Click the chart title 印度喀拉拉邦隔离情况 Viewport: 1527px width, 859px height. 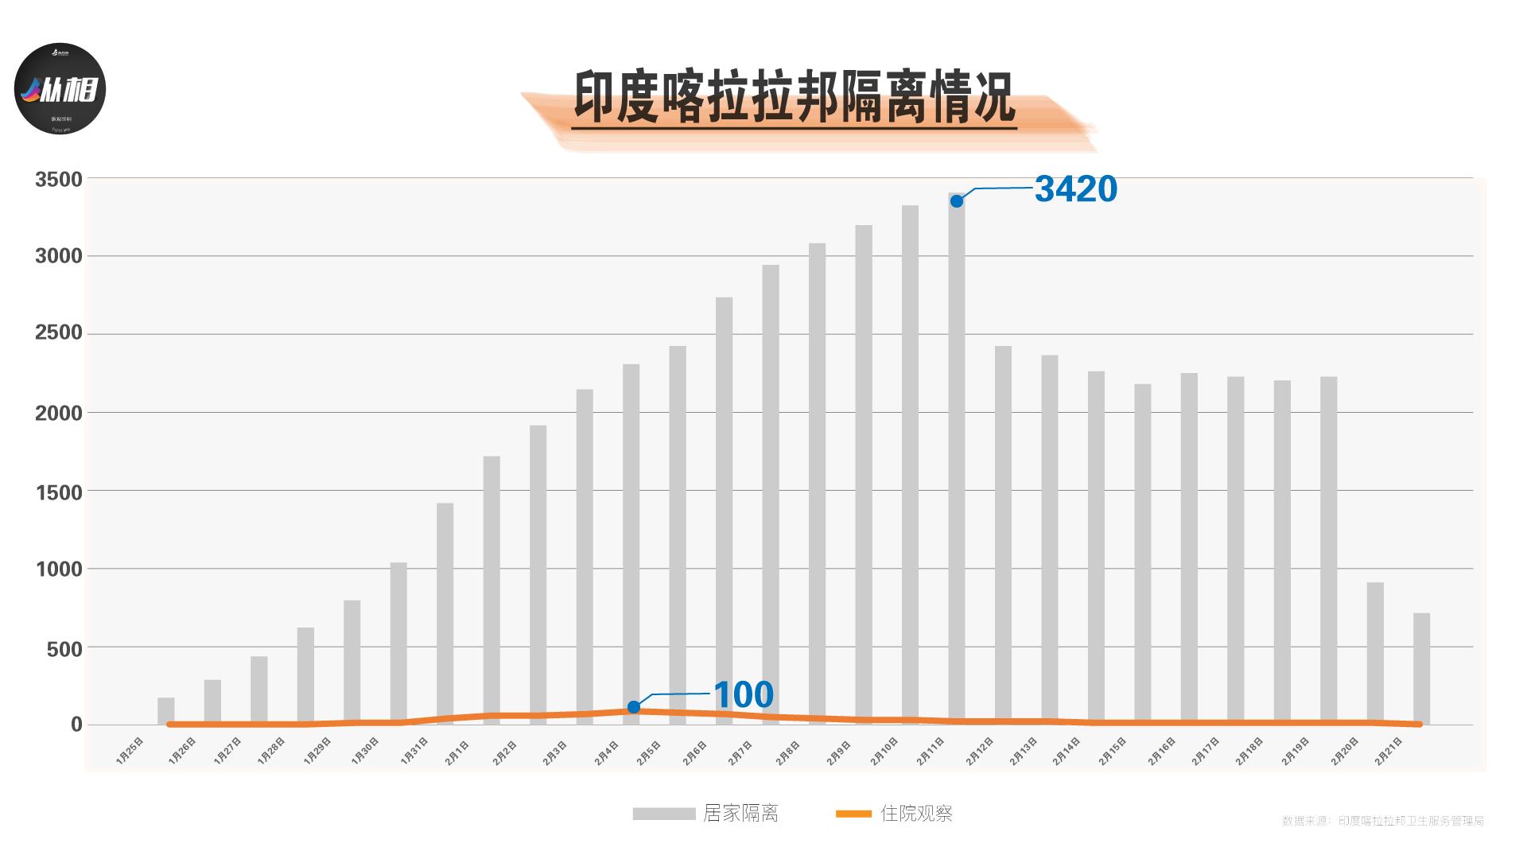tap(794, 99)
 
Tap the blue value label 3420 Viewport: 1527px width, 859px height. tap(1075, 189)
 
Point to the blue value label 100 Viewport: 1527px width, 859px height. tap(743, 695)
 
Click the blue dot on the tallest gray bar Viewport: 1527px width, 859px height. tap(957, 201)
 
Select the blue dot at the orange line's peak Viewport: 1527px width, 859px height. tap(634, 707)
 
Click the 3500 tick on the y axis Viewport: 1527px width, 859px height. tap(59, 180)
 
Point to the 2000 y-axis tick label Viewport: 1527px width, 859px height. tap(59, 414)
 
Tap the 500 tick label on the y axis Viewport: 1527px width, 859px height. tap(64, 649)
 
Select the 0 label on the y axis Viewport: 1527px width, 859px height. tap(76, 725)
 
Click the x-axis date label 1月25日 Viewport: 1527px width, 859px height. tap(130, 751)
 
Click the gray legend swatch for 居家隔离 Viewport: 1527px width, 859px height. tap(663, 814)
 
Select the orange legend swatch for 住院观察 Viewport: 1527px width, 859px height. tap(853, 814)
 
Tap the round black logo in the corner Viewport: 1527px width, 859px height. tap(60, 88)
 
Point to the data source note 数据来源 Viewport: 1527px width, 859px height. tap(1382, 821)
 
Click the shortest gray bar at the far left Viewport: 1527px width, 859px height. tap(165, 711)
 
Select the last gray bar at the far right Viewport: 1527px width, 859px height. tap(1421, 668)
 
